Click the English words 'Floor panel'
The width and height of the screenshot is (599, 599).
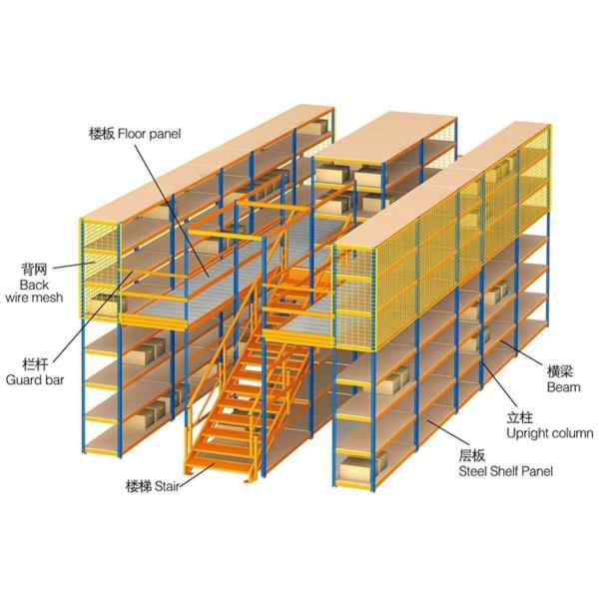(150, 134)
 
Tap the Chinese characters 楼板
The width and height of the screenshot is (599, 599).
(102, 134)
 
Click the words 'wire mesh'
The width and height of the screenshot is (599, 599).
(34, 298)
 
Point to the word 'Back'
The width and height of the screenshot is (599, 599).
(34, 284)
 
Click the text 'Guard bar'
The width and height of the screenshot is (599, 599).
(33, 380)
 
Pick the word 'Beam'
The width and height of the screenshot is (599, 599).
(559, 384)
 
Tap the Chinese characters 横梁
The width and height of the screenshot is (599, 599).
(559, 369)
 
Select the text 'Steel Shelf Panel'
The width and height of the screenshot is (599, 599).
(505, 470)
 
